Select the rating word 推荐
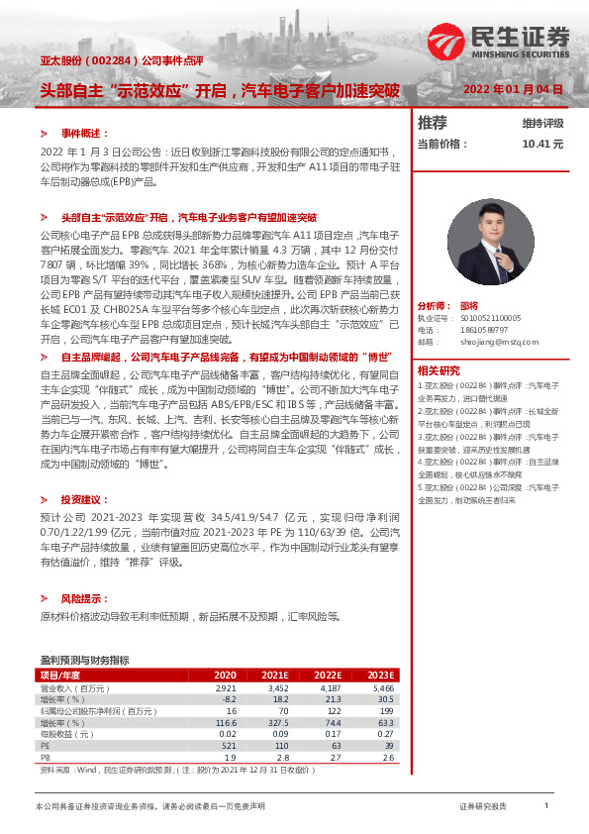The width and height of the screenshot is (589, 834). tap(432, 123)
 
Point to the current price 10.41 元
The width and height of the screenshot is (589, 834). tap(542, 144)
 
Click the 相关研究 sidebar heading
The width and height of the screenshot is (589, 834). tap(438, 368)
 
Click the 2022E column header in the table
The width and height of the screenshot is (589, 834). tap(328, 675)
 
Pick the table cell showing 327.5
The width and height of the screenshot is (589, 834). tap(273, 723)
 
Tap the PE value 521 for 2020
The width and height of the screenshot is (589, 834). tap(228, 746)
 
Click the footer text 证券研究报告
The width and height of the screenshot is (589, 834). tap(482, 807)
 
